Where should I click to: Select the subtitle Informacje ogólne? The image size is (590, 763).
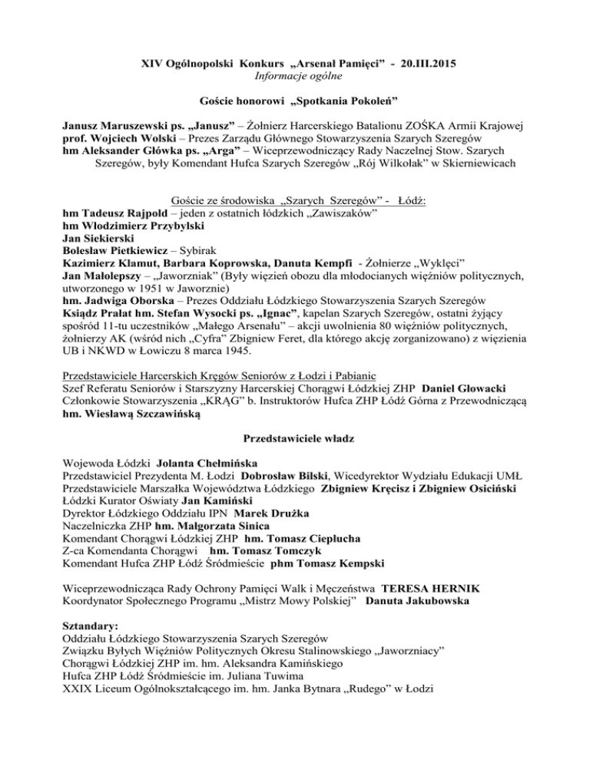click(294, 75)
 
